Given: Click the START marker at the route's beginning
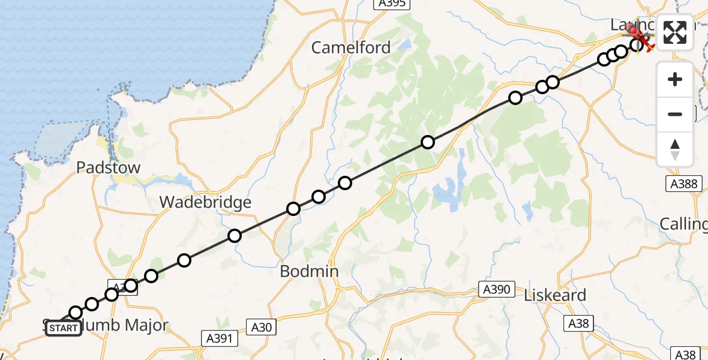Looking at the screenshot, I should click(63, 328).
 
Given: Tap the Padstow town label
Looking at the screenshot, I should click(108, 167).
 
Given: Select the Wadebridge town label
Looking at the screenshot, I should click(205, 202).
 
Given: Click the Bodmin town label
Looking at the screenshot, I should click(309, 271).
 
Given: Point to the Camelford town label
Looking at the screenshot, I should click(351, 47).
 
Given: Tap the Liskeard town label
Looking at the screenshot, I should click(554, 295).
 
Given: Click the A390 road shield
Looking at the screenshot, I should click(497, 290).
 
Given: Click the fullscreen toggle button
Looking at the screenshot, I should click(675, 32).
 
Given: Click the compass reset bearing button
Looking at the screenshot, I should click(675, 149).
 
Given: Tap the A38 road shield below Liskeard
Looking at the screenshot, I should click(579, 324).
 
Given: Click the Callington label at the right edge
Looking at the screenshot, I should click(683, 224).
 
